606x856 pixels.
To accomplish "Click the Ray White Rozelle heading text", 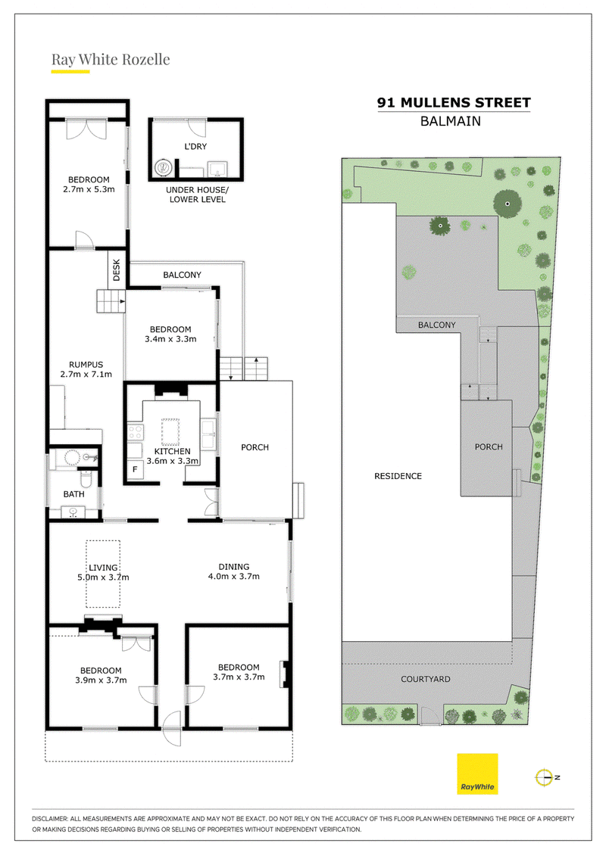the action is pos(111,60).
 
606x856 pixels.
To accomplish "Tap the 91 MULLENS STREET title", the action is pos(454,103).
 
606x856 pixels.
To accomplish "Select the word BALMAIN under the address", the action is pos(450,121).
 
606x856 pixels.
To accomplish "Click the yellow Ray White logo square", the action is pos(477,774).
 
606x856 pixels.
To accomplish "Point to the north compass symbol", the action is pos(545,777).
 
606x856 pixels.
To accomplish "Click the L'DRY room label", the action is pos(195,146).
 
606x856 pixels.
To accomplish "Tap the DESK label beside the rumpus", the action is pos(116,270).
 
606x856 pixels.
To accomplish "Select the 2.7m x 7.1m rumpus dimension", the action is pos(86,374).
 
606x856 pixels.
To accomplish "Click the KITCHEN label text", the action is pos(172,452).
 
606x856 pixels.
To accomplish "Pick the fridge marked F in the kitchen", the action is pos(135,470).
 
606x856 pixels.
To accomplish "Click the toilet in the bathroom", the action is pos(86,479).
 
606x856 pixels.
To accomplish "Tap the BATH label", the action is pos(73,494).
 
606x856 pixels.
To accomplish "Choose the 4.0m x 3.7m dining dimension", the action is pos(234,577).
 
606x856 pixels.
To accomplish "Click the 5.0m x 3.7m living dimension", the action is pos(103,577).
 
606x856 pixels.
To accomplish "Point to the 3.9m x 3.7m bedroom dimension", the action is pos(101,680).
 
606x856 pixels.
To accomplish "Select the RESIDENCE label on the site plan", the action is pos(398,476).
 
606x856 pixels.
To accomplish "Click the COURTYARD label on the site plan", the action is pos(426,679).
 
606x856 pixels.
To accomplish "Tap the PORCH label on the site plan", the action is pos(489,447).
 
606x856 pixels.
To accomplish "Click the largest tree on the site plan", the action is pos(508,204).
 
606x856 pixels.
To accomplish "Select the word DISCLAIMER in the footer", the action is pos(50,819).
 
